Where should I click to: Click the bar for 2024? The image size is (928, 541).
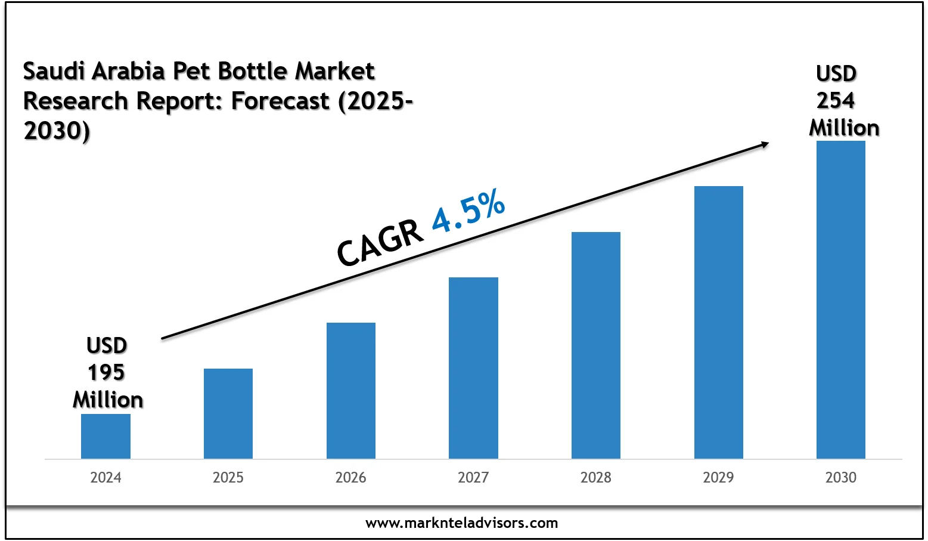[x=105, y=436]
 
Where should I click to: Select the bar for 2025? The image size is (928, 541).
[x=228, y=413]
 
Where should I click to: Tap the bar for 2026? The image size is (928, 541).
[x=351, y=391]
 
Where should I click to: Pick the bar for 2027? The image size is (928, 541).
[x=473, y=368]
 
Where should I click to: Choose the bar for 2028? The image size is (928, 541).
[x=596, y=345]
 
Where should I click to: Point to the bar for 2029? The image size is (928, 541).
[x=718, y=322]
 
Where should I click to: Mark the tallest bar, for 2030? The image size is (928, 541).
[x=841, y=299]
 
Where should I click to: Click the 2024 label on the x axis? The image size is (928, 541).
[x=105, y=477]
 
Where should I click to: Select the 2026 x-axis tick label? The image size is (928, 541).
[x=351, y=477]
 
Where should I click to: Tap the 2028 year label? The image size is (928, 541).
[x=596, y=477]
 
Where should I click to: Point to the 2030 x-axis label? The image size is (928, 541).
[x=841, y=477]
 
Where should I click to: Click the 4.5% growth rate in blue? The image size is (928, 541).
[x=468, y=212]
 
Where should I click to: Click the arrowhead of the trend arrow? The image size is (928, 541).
[x=763, y=144]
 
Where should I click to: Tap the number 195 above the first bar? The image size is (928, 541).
[x=106, y=373]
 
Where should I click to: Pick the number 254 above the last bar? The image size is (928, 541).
[x=836, y=100]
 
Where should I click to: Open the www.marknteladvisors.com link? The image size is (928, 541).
[x=462, y=523]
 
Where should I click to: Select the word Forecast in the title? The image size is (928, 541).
[x=280, y=101]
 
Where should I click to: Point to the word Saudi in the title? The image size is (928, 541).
[x=53, y=72]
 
